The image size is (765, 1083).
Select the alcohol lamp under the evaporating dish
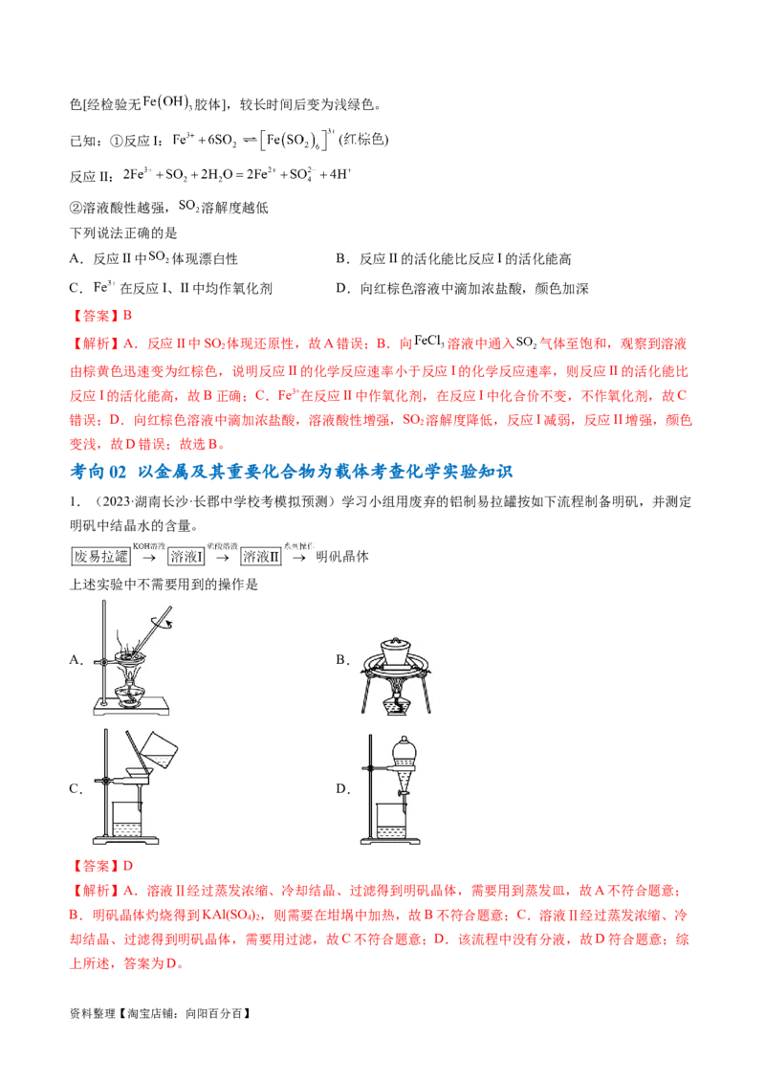point(129,693)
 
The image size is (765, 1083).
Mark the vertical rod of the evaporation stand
point(98,651)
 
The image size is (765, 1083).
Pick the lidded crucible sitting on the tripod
point(394,654)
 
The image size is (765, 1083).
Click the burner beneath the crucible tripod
point(394,705)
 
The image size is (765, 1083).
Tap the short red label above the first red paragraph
point(91,315)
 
